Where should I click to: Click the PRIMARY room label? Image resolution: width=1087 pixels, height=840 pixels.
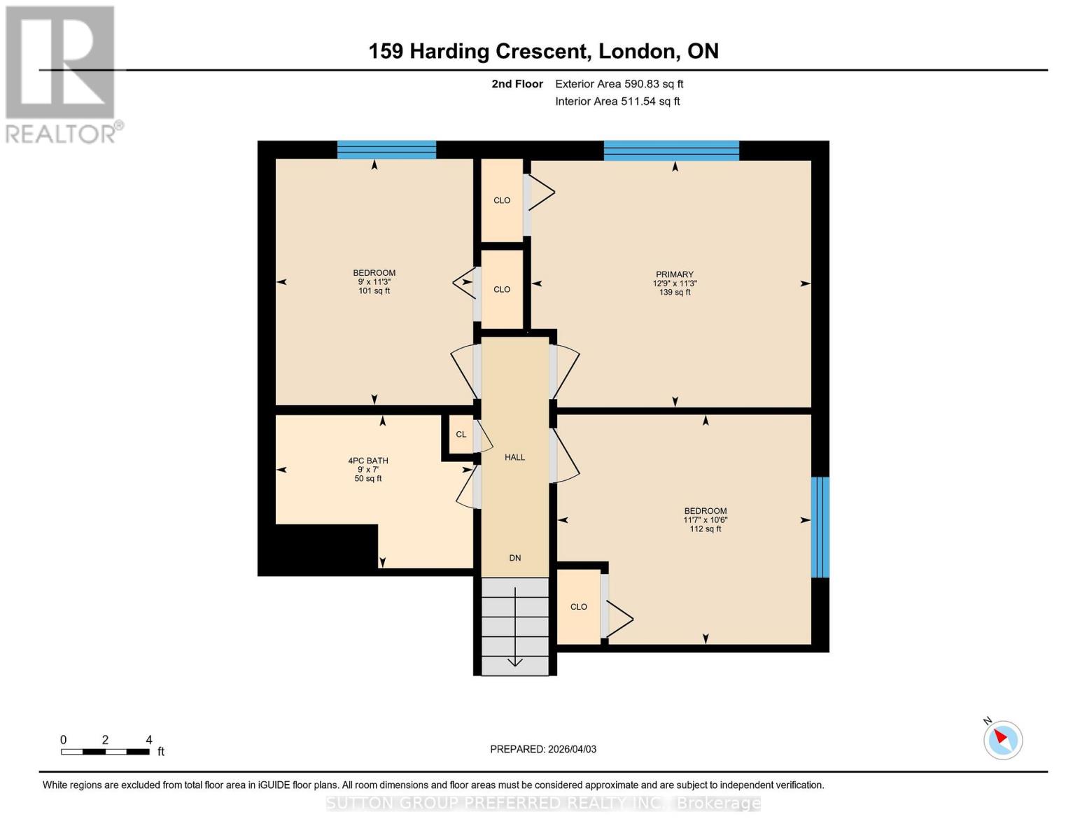(674, 274)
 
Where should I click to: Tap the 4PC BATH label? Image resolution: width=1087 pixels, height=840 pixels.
(368, 461)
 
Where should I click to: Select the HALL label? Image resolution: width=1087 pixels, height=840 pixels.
(514, 457)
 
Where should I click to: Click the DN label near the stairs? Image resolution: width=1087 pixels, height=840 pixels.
(514, 558)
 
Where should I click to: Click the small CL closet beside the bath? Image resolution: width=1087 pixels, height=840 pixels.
(461, 435)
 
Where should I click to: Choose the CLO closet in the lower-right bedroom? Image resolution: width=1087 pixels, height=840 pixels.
(578, 607)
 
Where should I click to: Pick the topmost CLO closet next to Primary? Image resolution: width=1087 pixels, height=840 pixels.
(502, 200)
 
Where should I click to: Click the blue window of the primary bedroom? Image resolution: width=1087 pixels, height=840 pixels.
(671, 150)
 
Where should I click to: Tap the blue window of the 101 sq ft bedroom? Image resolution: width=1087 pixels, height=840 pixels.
(386, 149)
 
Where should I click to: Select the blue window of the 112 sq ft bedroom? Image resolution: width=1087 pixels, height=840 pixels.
(820, 527)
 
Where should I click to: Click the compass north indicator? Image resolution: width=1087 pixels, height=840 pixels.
(1002, 739)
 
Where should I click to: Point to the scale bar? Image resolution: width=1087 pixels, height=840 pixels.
(105, 752)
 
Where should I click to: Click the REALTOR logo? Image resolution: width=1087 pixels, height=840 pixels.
(61, 73)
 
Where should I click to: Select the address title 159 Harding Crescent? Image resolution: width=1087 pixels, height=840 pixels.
(543, 51)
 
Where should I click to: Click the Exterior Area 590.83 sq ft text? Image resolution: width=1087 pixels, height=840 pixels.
(619, 84)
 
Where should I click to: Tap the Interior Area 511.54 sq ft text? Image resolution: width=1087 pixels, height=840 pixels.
(617, 101)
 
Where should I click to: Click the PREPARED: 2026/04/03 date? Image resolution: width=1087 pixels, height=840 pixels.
(543, 749)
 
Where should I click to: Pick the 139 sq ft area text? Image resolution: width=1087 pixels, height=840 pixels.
(674, 293)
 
